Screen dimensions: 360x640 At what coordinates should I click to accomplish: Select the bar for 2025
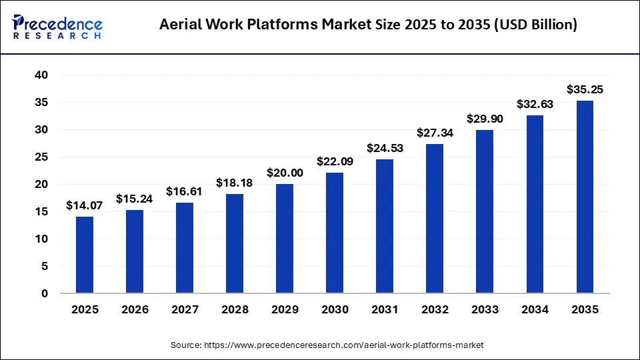85,255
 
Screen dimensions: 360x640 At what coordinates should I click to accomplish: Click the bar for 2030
335,233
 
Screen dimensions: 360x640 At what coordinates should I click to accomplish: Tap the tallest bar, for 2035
585,197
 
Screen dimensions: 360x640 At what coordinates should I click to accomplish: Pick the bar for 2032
435,219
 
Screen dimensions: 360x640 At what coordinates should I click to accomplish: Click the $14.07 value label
84,206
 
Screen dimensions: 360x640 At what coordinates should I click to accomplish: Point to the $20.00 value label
285,173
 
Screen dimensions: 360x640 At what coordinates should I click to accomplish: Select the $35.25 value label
585,89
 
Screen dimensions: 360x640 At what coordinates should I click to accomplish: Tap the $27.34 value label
435,133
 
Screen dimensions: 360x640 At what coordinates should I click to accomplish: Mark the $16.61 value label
185,192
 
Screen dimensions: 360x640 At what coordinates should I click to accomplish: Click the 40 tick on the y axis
42,75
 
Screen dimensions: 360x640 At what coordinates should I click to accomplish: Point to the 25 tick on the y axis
42,157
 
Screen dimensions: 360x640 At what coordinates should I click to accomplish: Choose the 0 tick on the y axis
45,293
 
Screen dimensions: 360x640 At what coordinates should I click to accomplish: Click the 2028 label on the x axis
235,310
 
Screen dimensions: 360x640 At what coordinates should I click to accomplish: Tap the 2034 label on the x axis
535,310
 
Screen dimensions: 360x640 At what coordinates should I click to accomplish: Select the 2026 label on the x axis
135,310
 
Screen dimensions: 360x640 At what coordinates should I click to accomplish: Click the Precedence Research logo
57,25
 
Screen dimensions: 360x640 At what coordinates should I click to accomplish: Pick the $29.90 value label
485,119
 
